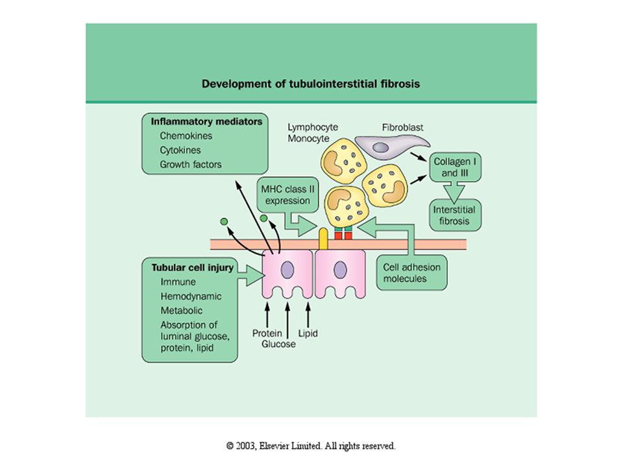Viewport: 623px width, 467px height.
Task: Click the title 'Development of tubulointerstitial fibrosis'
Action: point(311,84)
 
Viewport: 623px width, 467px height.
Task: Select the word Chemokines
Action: point(186,136)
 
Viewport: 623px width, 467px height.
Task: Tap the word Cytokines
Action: point(180,150)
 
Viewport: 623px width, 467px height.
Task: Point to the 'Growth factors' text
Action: point(191,164)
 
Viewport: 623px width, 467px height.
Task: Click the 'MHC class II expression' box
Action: point(287,195)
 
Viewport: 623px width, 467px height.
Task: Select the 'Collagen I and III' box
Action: point(456,167)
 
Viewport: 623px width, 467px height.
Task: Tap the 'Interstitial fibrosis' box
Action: point(456,215)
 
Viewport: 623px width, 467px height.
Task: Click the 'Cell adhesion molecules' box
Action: point(411,273)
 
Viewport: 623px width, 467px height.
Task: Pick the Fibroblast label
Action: point(402,128)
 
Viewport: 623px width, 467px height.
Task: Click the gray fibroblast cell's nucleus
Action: point(380,147)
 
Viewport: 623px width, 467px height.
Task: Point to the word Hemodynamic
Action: point(191,296)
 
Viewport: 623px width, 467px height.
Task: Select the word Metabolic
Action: point(181,311)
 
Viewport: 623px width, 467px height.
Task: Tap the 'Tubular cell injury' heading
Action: point(192,268)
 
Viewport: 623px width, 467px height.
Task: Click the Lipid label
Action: point(308,333)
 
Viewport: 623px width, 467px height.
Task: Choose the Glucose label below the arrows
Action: point(278,344)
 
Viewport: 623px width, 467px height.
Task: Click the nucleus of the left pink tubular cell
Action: point(287,270)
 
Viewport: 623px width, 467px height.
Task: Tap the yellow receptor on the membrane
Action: point(323,239)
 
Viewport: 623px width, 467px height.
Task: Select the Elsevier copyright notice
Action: point(311,446)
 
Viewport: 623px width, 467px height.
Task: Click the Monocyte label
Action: point(309,139)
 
